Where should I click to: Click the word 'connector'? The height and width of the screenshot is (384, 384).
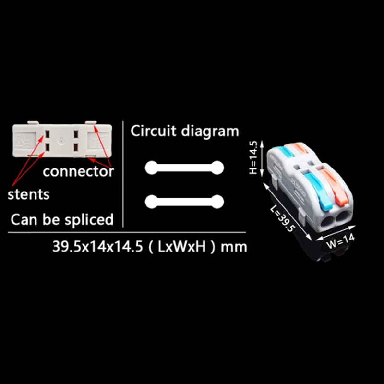(x=78, y=171)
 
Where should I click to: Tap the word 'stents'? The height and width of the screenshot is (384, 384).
(x=29, y=194)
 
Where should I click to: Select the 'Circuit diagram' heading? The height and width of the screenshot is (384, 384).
(x=185, y=132)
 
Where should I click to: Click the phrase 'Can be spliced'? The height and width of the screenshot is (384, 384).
(x=62, y=220)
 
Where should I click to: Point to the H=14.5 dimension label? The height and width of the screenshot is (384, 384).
(x=253, y=158)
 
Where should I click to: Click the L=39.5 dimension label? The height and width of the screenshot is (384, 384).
(x=282, y=218)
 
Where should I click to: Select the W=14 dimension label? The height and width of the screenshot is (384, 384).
(x=341, y=241)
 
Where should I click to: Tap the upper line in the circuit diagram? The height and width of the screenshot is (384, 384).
(x=184, y=168)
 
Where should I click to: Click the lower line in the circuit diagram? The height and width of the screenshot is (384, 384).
(x=184, y=202)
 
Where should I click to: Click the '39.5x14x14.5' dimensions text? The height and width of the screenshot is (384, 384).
(x=97, y=246)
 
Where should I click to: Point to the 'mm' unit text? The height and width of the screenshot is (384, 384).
(x=234, y=247)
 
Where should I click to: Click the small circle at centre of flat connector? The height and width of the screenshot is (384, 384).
(x=61, y=141)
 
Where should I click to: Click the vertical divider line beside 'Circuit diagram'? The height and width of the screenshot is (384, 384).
(x=123, y=174)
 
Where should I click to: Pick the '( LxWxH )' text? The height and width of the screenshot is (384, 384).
(x=182, y=247)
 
